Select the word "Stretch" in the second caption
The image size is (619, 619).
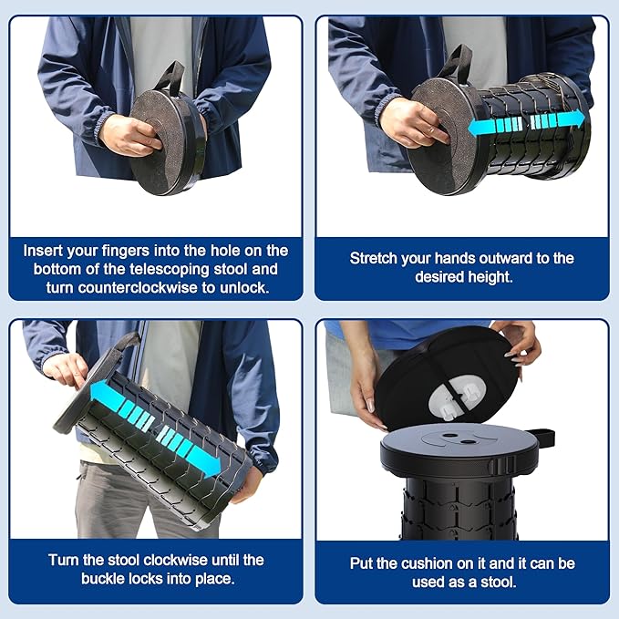point(376,258)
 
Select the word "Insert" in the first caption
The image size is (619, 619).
point(46,250)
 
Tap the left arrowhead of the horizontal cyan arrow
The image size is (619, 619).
point(476,128)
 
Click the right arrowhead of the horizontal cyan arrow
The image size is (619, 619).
point(577,119)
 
